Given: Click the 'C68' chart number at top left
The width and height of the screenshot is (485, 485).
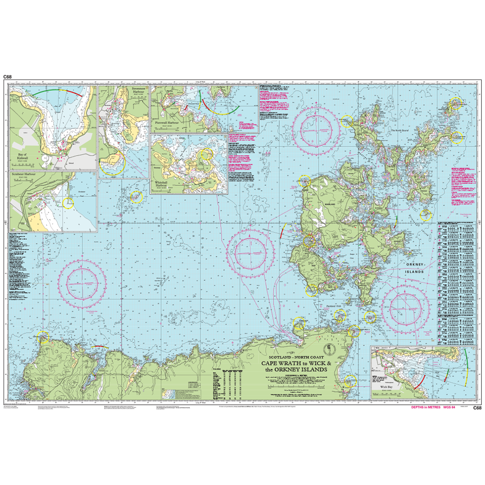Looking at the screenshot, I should [7, 77].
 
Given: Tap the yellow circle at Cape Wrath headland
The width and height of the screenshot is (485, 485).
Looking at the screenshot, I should [43, 337].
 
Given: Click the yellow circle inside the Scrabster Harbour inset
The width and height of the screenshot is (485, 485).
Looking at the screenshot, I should [68, 203].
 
